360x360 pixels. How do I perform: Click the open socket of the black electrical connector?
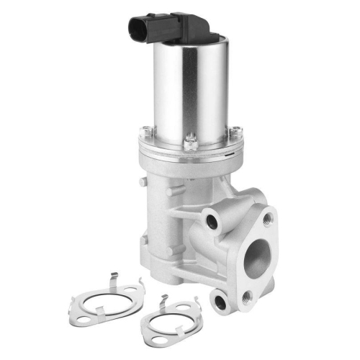(x=136, y=31)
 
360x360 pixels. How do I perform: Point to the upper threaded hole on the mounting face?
(x=268, y=216)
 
